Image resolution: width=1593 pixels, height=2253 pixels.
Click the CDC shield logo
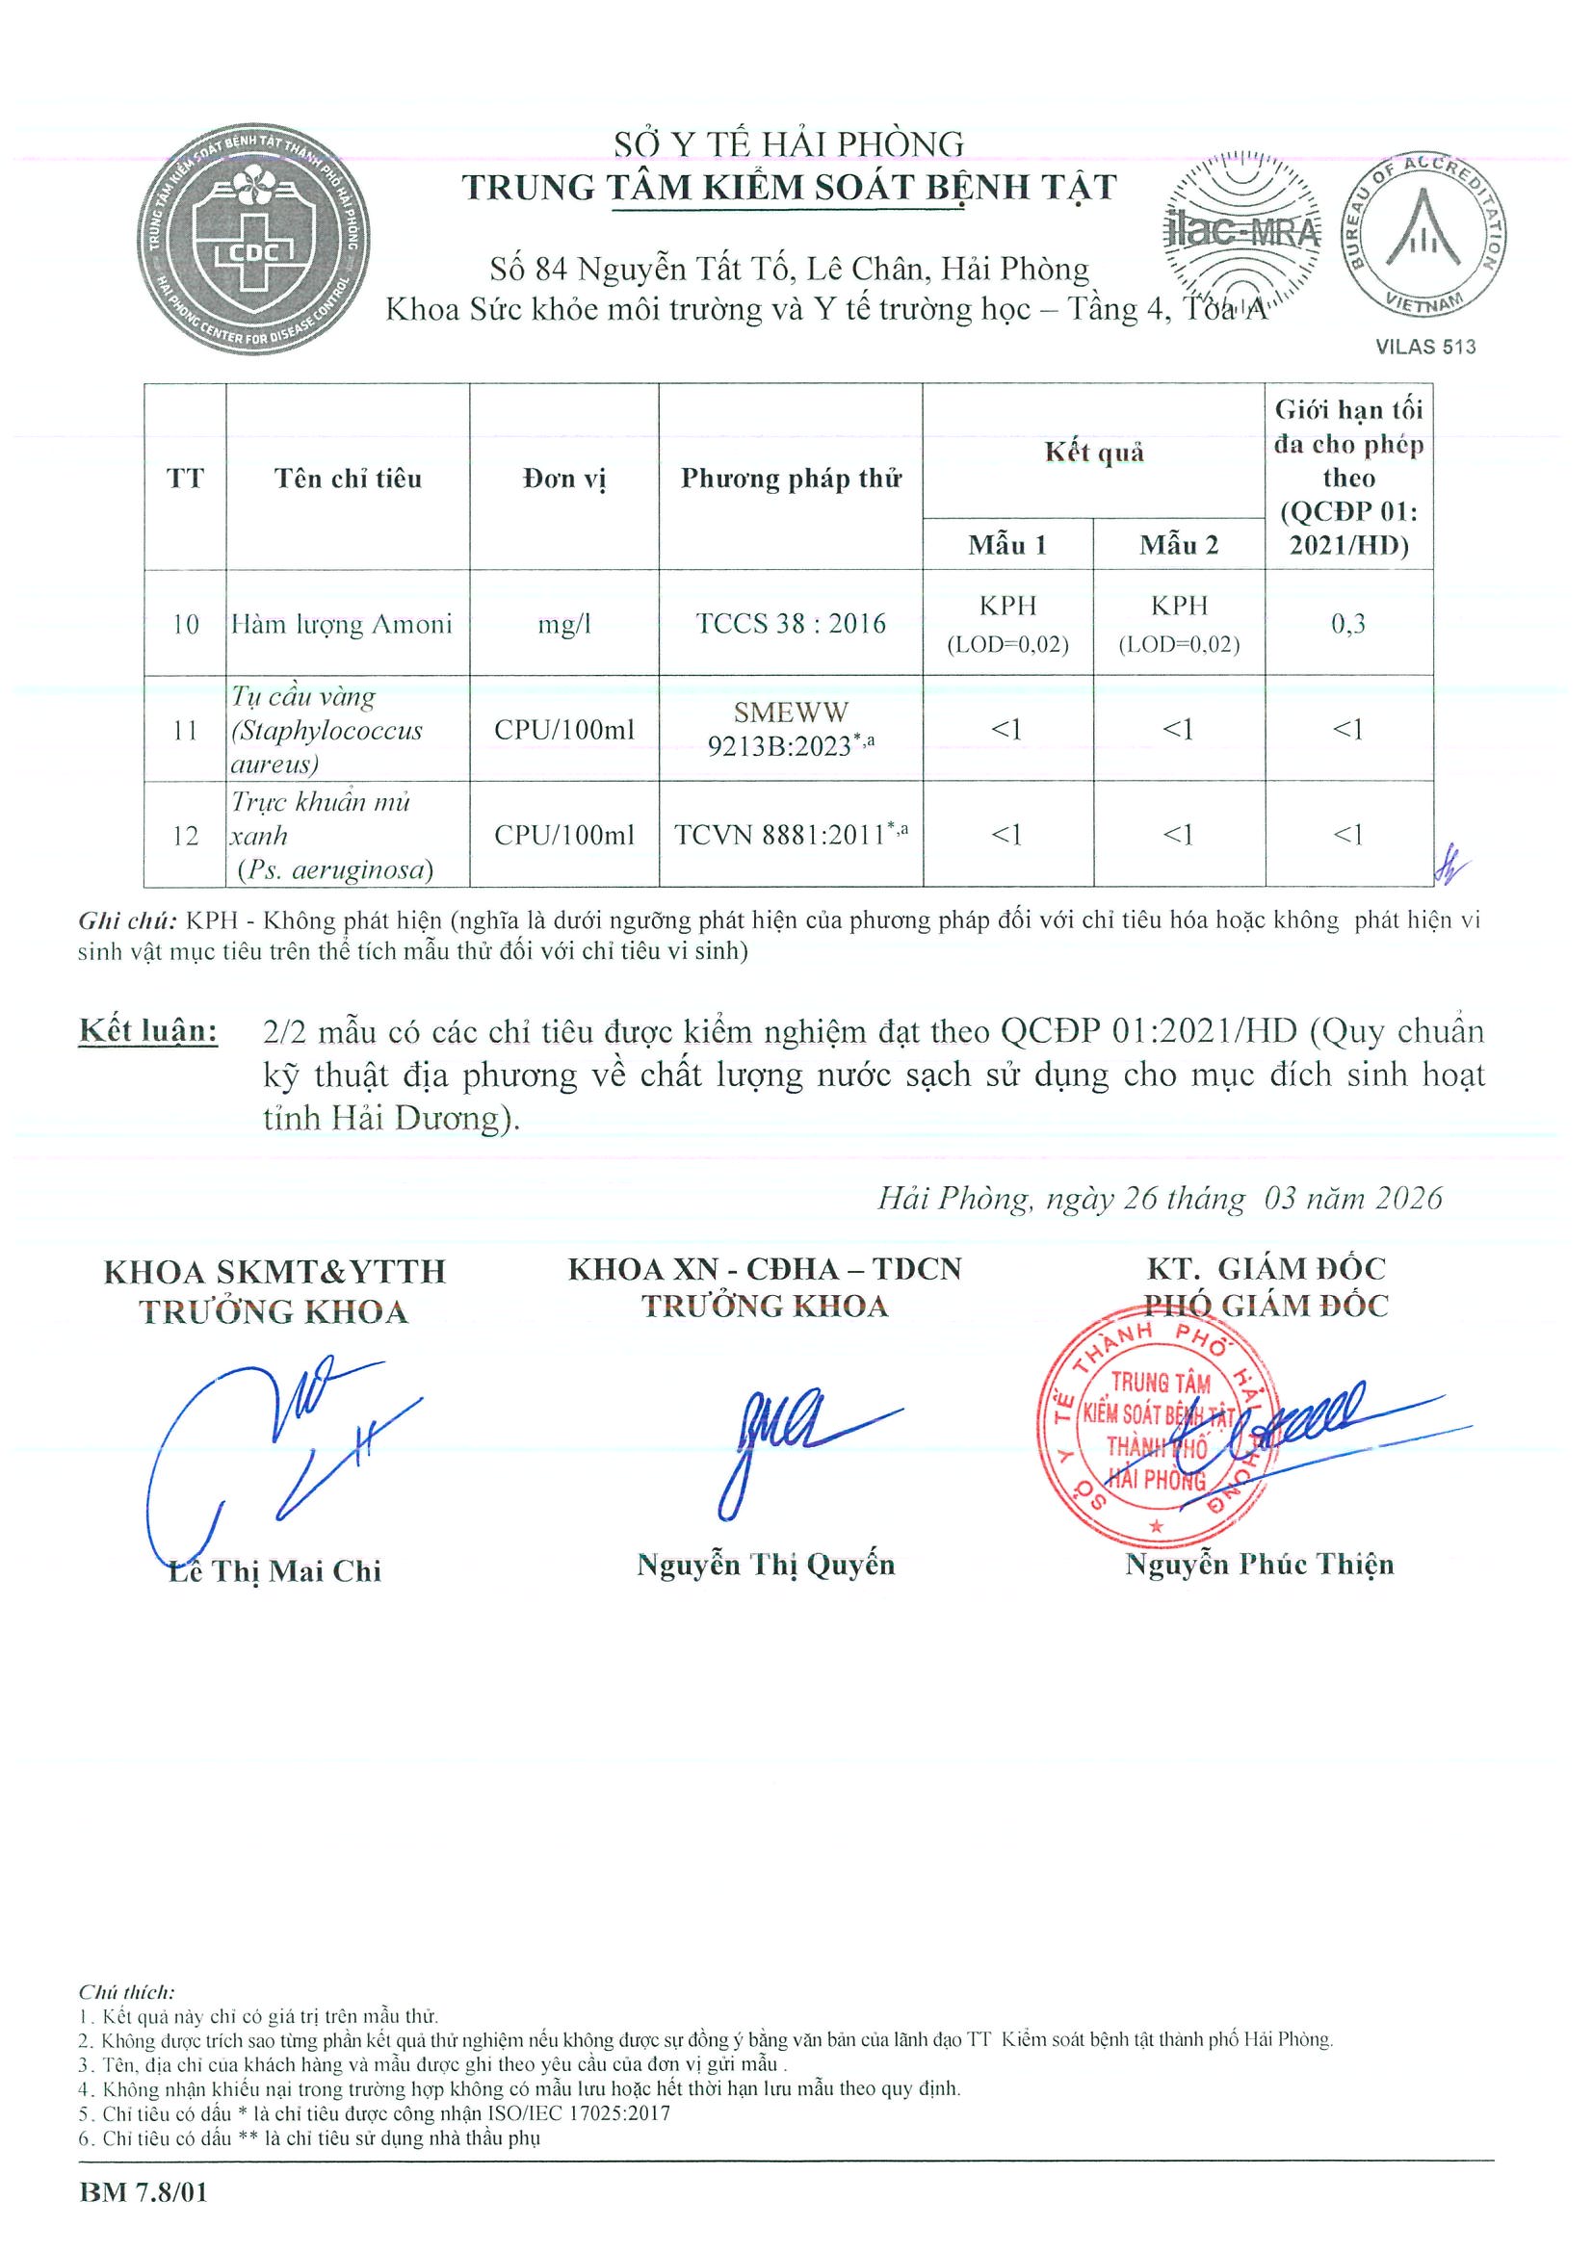(252, 240)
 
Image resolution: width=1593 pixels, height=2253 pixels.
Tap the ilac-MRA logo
(1240, 232)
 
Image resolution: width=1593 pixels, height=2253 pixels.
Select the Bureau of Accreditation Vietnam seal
(1424, 234)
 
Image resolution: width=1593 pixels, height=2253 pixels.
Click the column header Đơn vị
(563, 479)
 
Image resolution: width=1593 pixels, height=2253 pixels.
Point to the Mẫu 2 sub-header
(1178, 546)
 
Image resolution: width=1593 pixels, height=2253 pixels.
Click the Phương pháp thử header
(790, 479)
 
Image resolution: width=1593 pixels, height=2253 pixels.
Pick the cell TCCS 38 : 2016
(790, 623)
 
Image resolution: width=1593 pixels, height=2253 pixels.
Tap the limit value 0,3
(1347, 623)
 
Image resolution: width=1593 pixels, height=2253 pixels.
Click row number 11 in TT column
(185, 730)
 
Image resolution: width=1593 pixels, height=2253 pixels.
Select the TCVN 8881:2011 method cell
(790, 835)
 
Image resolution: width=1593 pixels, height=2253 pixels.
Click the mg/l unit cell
(563, 624)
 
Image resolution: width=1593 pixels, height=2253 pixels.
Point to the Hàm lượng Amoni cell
(342, 624)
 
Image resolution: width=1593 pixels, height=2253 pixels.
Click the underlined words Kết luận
(148, 1031)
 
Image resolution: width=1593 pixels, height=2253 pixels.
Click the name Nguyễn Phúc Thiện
(1260, 1564)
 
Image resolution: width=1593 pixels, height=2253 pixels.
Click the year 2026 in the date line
(1408, 1198)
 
